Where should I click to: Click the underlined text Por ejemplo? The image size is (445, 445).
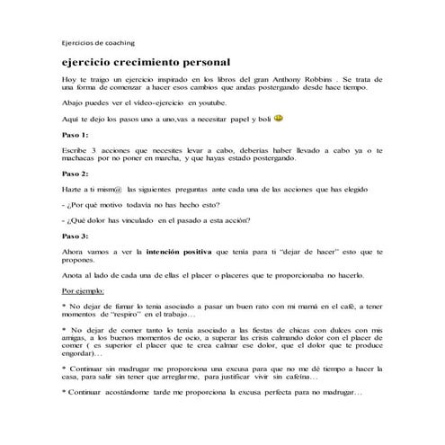point(83,291)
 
